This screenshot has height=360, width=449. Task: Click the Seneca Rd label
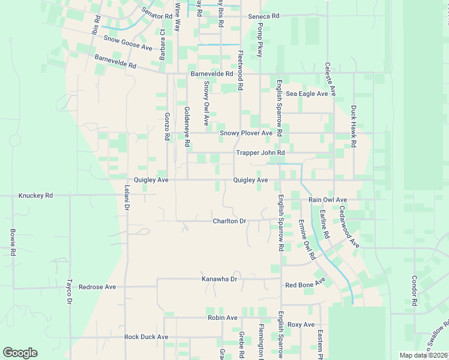point(264,16)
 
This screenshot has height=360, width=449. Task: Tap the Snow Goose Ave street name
point(128,42)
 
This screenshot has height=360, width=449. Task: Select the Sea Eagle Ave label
point(307,94)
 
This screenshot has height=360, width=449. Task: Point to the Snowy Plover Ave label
point(246,133)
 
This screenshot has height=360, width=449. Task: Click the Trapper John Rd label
point(260,153)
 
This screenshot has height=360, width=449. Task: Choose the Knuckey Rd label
point(36,196)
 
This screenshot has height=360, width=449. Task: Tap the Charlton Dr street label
point(230,221)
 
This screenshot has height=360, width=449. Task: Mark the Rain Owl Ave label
point(328,199)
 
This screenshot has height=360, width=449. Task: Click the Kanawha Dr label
point(219,279)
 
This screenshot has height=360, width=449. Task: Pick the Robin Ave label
point(223,317)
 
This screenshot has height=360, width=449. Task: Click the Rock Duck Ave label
point(146,337)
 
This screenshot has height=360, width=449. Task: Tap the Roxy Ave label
point(301,325)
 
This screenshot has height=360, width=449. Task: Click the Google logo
point(20,353)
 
